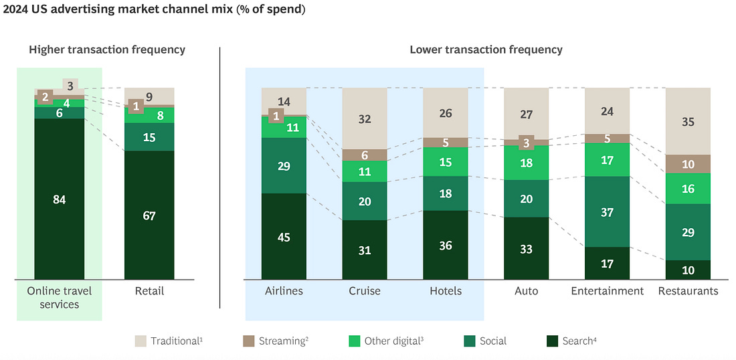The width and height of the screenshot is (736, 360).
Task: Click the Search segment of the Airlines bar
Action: coord(284,236)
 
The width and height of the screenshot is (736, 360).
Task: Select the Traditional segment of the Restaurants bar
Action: coord(688,121)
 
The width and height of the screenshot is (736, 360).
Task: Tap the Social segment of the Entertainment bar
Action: coord(607,211)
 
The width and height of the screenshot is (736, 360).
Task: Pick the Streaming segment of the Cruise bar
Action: coord(365,155)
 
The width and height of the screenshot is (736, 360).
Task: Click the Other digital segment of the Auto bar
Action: coord(526,163)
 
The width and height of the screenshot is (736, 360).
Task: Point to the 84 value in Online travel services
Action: coord(59,199)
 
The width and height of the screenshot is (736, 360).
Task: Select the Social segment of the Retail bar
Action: coord(149,137)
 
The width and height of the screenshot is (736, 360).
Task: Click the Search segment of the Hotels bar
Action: coord(446,245)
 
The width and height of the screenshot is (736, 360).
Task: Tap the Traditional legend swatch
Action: coord(141,341)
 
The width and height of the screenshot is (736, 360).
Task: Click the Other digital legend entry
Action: coord(386,341)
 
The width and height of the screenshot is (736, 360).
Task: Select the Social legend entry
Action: coord(485,341)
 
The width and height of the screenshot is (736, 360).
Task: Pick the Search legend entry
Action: coord(572,341)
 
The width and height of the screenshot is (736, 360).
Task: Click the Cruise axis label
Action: coord(365,291)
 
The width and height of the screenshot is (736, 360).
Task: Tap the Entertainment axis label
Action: coord(607,291)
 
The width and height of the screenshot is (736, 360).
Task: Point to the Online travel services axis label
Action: coord(59,297)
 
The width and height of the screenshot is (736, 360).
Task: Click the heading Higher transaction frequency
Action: coord(107,50)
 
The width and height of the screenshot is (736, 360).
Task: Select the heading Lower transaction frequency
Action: coord(486,50)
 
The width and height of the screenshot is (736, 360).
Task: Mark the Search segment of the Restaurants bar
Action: coord(688,270)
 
